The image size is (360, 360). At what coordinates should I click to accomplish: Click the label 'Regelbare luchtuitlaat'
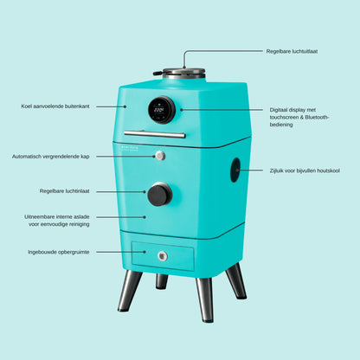tap(292, 51)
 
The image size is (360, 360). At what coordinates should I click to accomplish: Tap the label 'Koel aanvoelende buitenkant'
tap(55, 106)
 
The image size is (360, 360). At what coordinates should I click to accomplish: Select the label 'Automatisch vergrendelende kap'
tap(50, 157)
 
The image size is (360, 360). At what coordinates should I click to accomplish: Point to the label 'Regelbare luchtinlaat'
tap(64, 191)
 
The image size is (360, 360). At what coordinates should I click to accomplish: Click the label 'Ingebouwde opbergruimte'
tap(59, 252)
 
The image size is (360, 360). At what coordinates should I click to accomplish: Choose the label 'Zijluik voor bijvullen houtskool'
tap(305, 170)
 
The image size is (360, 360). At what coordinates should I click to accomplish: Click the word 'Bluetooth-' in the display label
tap(317, 117)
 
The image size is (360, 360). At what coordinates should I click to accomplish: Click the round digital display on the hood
tap(162, 110)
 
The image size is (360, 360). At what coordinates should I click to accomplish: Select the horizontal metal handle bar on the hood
tap(155, 134)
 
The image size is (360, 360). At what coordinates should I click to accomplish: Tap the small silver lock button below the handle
tap(160, 156)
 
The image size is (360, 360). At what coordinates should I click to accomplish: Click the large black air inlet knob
tap(160, 195)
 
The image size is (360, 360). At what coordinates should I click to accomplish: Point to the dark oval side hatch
tap(235, 170)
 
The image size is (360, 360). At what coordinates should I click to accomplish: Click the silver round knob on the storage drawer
tap(163, 256)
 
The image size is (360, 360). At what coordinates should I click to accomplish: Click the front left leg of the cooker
tap(130, 291)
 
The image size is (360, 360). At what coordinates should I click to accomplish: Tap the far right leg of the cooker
tap(236, 280)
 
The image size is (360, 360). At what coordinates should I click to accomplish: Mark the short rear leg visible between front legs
tap(162, 281)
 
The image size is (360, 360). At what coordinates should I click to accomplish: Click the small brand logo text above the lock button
tap(130, 148)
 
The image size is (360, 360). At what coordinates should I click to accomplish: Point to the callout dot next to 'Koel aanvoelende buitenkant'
tap(125, 106)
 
